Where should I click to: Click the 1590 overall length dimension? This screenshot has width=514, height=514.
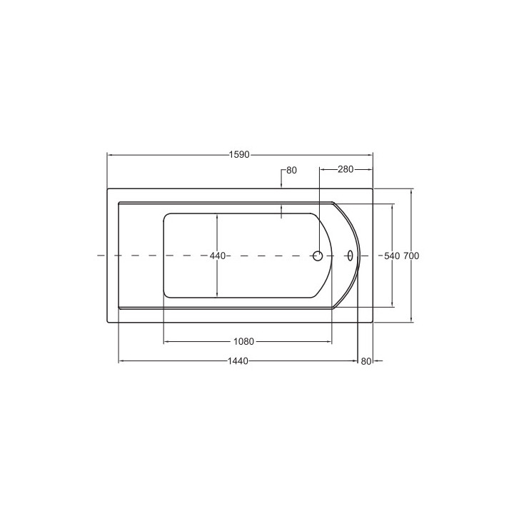(x=239, y=154)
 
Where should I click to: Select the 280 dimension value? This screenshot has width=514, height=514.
(x=346, y=169)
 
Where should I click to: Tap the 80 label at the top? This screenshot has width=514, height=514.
(x=291, y=170)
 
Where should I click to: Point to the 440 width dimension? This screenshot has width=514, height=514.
(x=218, y=256)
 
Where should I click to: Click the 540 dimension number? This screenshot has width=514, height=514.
(x=392, y=256)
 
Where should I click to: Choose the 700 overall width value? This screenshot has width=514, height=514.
(x=411, y=256)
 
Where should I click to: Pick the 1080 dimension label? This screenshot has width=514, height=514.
(x=243, y=341)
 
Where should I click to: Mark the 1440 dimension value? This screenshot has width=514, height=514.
(x=238, y=361)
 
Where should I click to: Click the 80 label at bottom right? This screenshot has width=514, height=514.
(x=366, y=361)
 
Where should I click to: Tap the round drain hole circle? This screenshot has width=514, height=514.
(x=318, y=256)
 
